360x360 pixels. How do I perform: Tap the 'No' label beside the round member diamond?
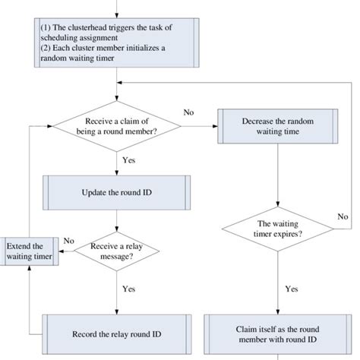(188, 112)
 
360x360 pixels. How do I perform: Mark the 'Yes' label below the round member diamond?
(129, 159)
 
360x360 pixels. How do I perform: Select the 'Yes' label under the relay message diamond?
(129, 289)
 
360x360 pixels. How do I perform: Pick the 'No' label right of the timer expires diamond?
(344, 216)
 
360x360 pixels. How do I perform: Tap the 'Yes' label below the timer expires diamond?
(291, 289)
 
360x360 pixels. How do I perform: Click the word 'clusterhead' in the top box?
(91, 29)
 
